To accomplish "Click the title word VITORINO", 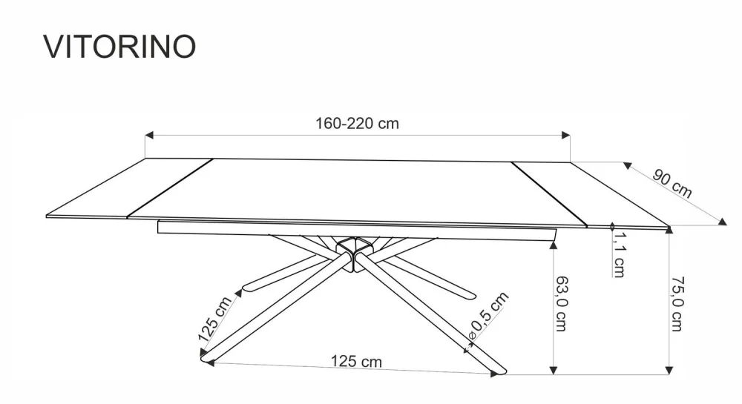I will coord(119,46).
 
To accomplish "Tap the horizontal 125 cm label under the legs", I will coord(356,362).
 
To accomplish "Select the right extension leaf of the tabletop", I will coord(586,194).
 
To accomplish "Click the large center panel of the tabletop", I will coord(356,191).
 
